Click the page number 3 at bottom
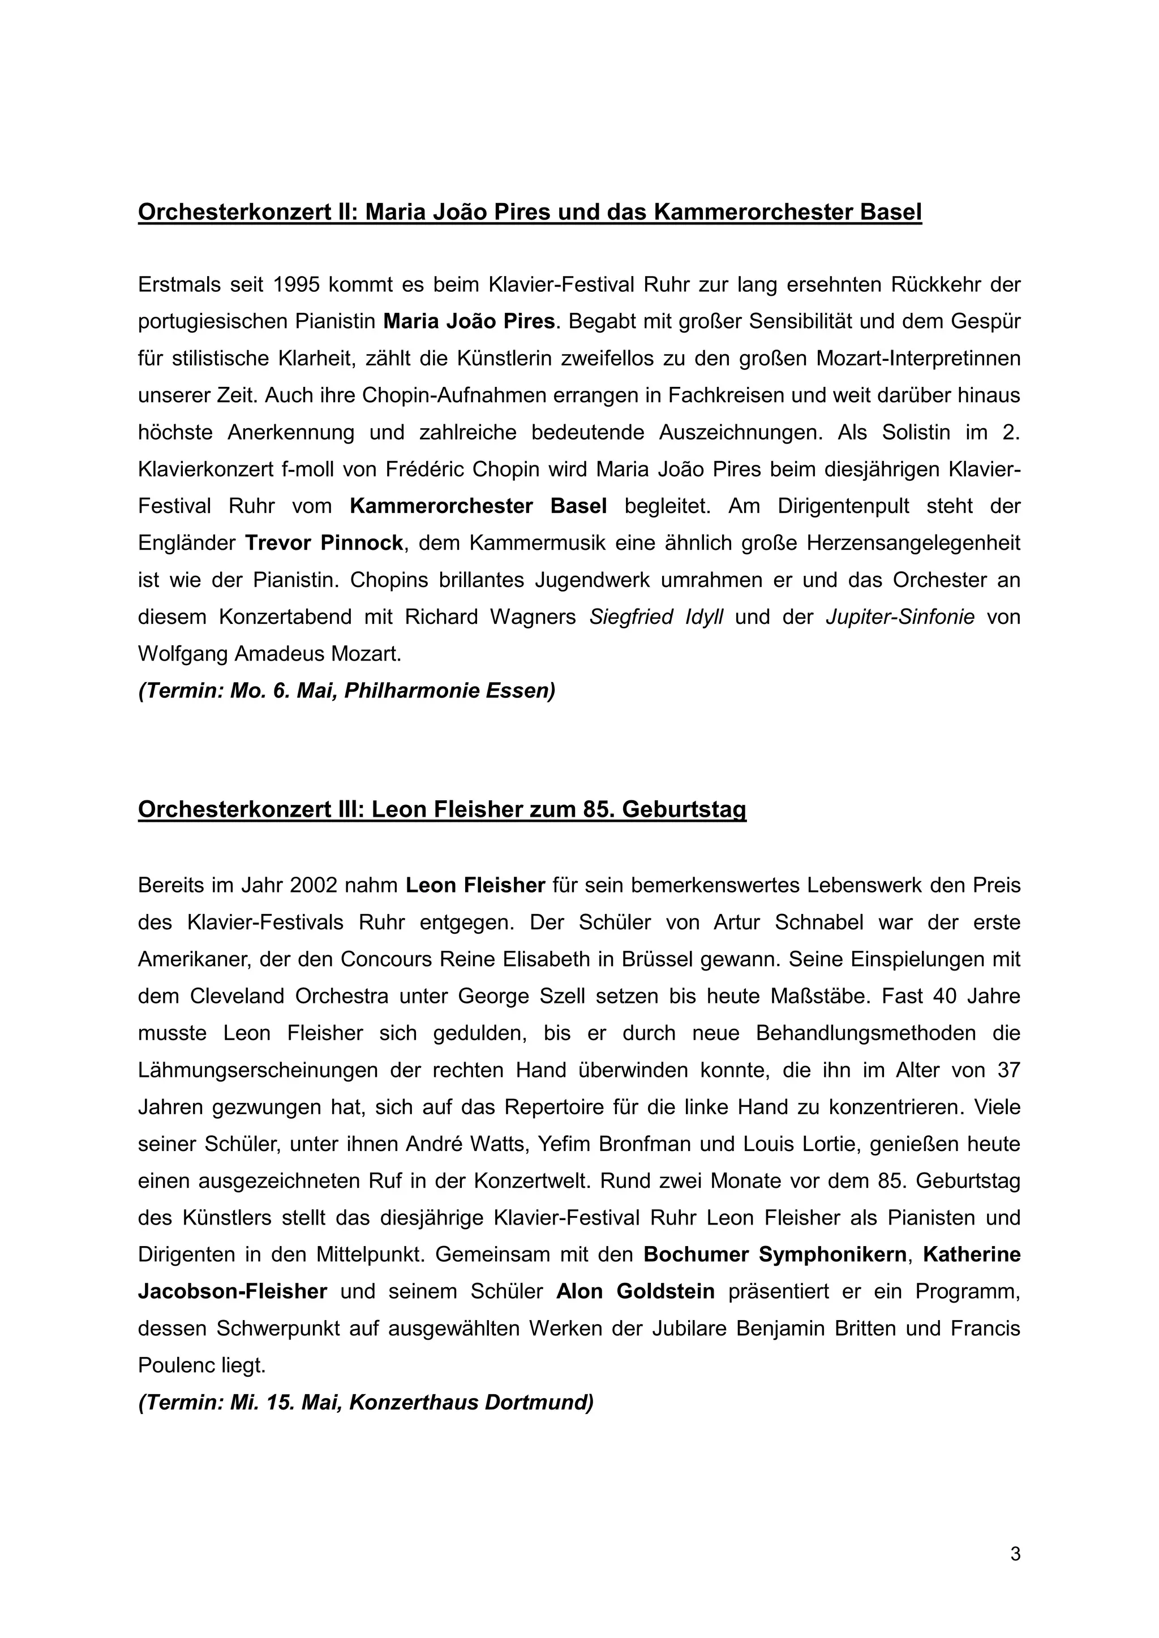1015,1553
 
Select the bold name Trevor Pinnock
324,543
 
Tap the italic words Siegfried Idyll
656,617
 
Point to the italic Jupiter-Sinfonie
900,617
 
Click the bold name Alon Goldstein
635,1291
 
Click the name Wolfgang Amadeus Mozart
270,654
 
